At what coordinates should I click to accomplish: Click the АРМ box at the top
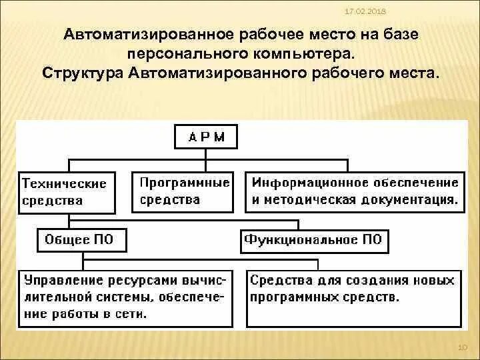point(206,138)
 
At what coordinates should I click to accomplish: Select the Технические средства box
point(65,192)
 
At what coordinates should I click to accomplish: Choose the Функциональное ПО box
point(314,239)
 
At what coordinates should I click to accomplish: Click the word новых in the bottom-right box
point(433,281)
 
